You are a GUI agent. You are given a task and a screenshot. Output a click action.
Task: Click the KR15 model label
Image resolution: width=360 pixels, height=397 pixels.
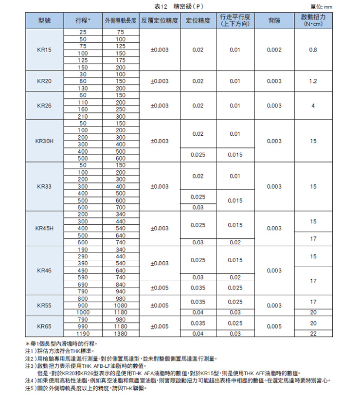[44, 50]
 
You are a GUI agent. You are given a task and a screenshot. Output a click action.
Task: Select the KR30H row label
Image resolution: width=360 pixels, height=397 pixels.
[44, 141]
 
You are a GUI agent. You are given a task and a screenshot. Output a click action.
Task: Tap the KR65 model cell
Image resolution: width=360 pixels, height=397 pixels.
[44, 326]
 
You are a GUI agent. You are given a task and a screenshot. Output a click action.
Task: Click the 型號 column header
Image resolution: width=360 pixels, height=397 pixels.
[44, 21]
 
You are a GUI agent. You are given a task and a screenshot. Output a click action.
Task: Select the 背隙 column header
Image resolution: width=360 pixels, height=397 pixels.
[274, 21]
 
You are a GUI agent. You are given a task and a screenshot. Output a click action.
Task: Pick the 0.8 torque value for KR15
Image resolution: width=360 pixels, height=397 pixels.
[313, 50]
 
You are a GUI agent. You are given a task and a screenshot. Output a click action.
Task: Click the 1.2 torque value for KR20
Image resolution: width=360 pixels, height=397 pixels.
[313, 81]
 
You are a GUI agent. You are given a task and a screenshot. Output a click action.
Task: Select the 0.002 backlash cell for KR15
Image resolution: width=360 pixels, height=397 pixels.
[274, 50]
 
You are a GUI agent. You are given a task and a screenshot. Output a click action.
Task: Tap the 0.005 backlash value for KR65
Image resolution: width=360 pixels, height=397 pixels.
[274, 326]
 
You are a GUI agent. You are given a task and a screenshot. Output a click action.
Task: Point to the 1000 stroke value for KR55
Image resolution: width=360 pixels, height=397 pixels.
[82, 312]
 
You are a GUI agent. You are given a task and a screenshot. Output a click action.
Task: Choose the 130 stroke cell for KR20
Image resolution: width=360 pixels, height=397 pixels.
[82, 89]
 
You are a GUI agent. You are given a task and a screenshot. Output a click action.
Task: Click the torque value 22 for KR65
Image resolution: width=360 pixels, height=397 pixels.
[313, 334]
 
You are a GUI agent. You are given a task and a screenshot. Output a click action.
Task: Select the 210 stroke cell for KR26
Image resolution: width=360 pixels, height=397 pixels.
[82, 117]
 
